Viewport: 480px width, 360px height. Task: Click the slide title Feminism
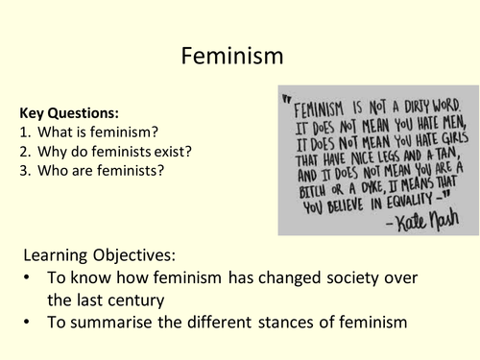[231, 57]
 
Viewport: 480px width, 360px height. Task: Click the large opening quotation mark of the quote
[285, 97]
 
